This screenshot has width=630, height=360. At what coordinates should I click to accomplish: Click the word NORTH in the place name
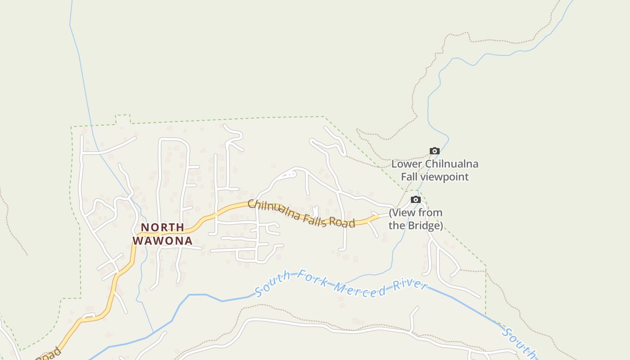point(162,227)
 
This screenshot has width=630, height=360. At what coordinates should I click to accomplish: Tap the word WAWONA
point(162,241)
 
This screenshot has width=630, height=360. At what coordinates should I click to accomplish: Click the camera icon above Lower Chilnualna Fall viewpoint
point(434,151)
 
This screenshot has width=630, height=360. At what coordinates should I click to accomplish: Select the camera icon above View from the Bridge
point(416,200)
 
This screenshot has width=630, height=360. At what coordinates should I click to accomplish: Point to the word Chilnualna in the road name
point(274,210)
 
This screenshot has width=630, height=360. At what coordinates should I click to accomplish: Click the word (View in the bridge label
point(401,212)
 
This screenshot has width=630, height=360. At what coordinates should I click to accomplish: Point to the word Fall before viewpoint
point(409,177)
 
